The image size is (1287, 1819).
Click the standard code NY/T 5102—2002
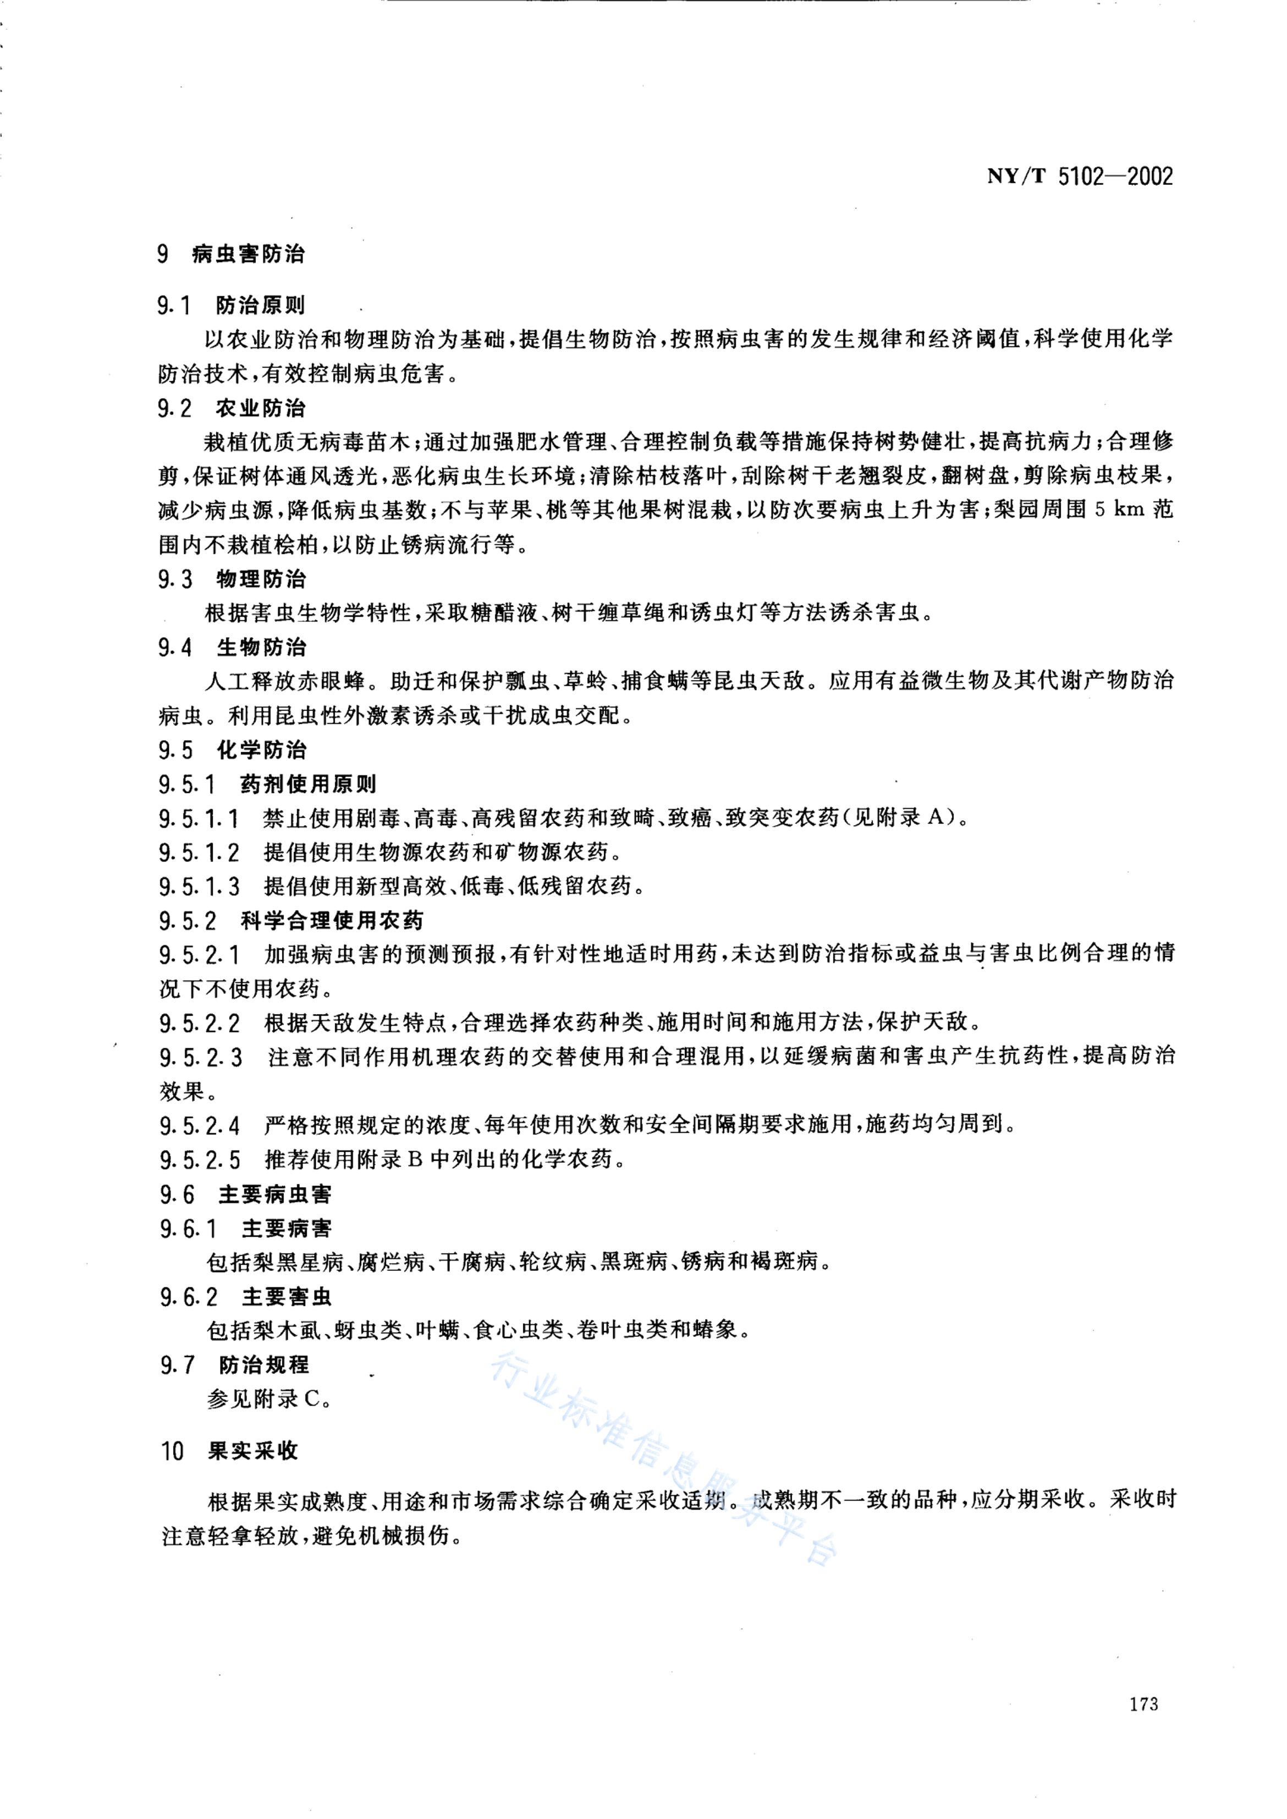coord(1079,176)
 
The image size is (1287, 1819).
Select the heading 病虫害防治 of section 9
coord(248,255)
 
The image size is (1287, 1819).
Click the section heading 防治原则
coord(260,305)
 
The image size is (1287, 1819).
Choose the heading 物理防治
coord(261,579)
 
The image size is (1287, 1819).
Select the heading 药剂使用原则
coord(307,784)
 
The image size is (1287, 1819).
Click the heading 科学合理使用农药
coord(331,921)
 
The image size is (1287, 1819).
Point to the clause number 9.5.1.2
coord(199,853)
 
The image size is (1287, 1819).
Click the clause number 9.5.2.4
coord(200,1125)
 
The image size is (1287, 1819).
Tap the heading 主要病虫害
coord(274,1194)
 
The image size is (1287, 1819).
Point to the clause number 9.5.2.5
coord(200,1160)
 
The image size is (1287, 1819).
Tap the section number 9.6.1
coord(188,1229)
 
